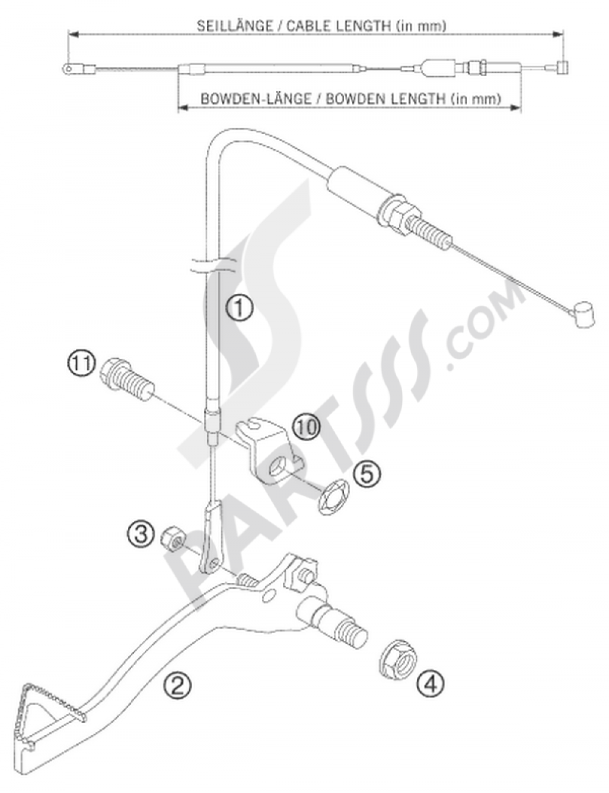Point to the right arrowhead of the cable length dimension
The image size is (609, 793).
tap(558, 35)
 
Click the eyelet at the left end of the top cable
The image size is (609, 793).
tap(69, 68)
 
